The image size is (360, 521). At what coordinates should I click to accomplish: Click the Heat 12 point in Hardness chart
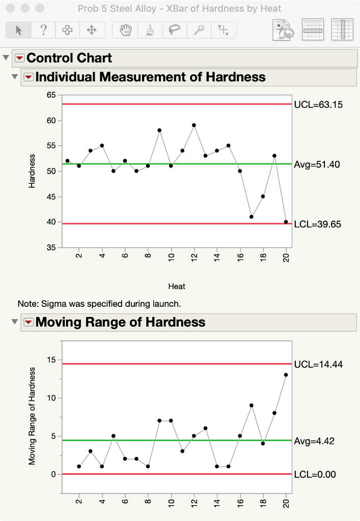pyautogui.click(x=194, y=125)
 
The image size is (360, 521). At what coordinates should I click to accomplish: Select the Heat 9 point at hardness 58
pyautogui.click(x=159, y=130)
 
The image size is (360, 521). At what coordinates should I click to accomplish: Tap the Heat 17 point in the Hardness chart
pyautogui.click(x=252, y=217)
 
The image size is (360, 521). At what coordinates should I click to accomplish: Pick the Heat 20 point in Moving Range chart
pyautogui.click(x=286, y=375)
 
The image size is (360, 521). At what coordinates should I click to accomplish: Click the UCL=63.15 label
pyautogui.click(x=318, y=105)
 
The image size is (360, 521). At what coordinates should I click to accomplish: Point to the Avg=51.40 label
pyautogui.click(x=317, y=164)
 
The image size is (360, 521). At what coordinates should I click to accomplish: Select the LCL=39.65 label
pyautogui.click(x=317, y=224)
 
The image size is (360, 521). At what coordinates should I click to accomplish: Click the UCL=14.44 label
pyautogui.click(x=318, y=364)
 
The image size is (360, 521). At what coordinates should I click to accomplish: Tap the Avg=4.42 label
pyautogui.click(x=314, y=441)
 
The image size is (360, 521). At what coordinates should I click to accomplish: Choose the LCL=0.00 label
pyautogui.click(x=315, y=475)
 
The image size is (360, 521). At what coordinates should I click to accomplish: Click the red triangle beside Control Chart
pyautogui.click(x=20, y=57)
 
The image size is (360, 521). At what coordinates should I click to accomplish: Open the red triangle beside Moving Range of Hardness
pyautogui.click(x=29, y=322)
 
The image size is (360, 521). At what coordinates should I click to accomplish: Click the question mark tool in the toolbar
pyautogui.click(x=44, y=30)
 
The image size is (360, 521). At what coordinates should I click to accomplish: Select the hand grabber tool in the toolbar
pyautogui.click(x=125, y=30)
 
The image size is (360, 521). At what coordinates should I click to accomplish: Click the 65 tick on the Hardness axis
pyautogui.click(x=51, y=95)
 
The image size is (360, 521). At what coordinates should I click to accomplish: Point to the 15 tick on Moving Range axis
pyautogui.click(x=51, y=360)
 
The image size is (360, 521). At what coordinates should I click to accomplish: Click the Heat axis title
pyautogui.click(x=177, y=286)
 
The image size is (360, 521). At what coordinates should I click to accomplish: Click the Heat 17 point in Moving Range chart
pyautogui.click(x=252, y=406)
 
